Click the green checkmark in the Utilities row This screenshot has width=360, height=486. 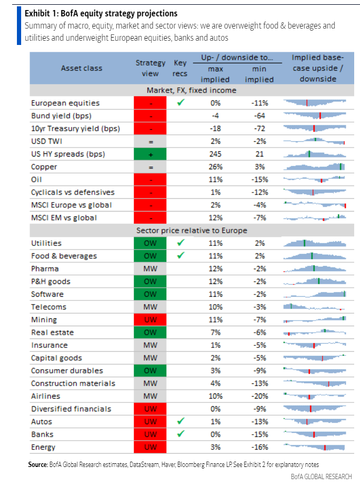pyautogui.click(x=180, y=243)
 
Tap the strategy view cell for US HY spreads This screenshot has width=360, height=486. pyautogui.click(x=151, y=154)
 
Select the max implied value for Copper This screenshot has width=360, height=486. pyautogui.click(x=215, y=167)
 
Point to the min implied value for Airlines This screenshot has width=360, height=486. pyautogui.click(x=259, y=396)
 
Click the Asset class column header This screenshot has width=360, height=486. pyautogui.click(x=81, y=68)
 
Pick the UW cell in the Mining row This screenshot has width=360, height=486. pyautogui.click(x=151, y=319)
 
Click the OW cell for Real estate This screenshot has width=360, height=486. pyautogui.click(x=151, y=332)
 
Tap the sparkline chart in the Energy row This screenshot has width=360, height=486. pyautogui.click(x=315, y=447)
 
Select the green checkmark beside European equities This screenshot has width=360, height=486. pyautogui.click(x=180, y=103)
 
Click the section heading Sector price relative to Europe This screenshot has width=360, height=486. pyautogui.click(x=192, y=231)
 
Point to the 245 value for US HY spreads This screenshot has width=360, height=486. pyautogui.click(x=215, y=154)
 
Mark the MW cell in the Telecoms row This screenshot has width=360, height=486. pyautogui.click(x=151, y=307)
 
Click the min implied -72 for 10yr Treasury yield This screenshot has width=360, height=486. pyautogui.click(x=259, y=129)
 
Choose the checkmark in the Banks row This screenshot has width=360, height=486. pyautogui.click(x=180, y=434)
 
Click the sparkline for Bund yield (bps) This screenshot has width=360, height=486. pyautogui.click(x=315, y=116)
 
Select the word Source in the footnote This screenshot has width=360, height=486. pyautogui.click(x=38, y=464)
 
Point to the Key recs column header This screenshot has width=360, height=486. pyautogui.click(x=180, y=68)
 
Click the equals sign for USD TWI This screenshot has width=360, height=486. pyautogui.click(x=151, y=141)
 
